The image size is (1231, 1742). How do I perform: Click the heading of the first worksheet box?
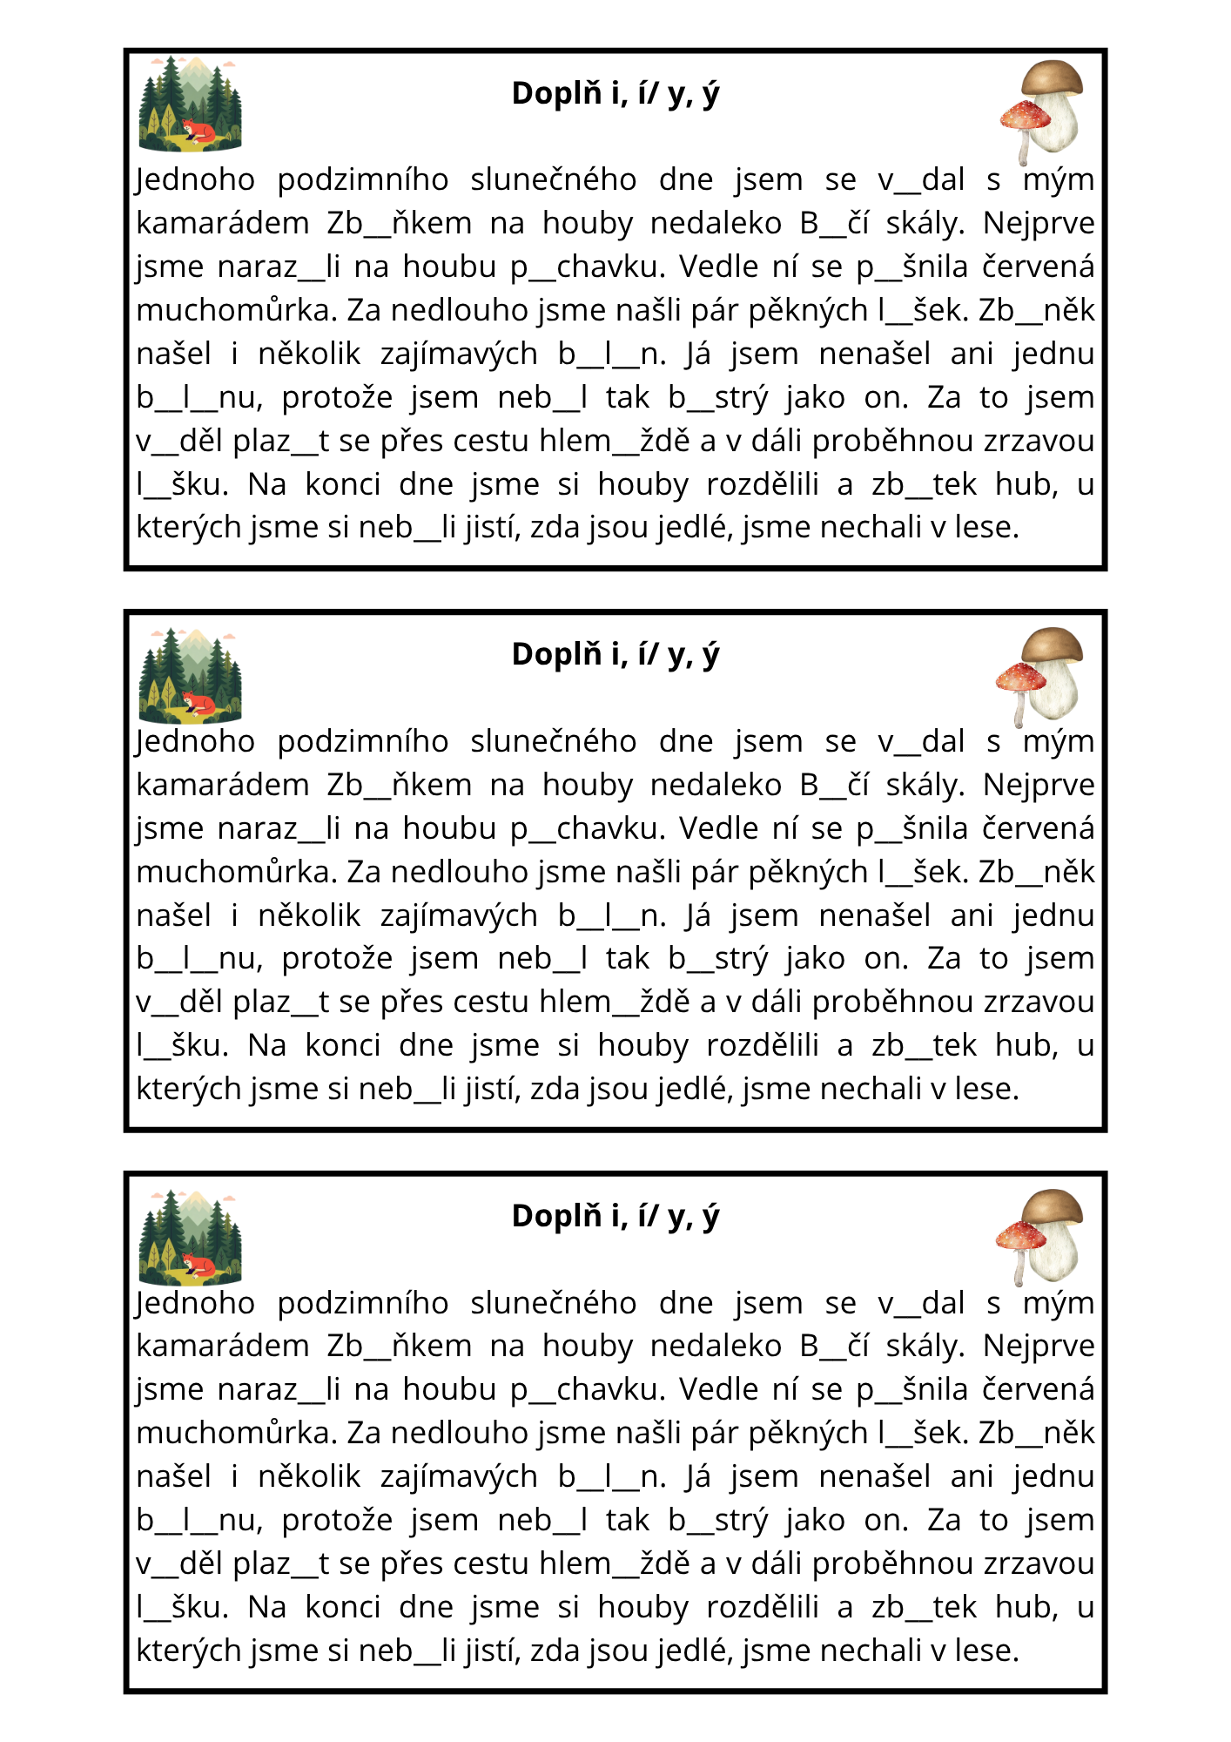click(615, 93)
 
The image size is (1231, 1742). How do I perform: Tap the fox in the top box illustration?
click(199, 132)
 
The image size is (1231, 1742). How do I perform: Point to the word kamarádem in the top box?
click(223, 224)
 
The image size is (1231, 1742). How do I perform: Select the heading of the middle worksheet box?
click(615, 654)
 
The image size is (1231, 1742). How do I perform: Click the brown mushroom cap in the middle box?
click(1053, 645)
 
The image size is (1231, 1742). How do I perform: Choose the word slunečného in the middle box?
click(553, 741)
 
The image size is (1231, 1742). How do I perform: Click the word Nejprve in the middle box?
click(1039, 785)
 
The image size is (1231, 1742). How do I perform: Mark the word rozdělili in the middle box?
click(762, 1045)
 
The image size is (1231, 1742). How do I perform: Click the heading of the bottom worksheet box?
click(615, 1216)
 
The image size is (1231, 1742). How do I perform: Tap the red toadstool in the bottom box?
click(1020, 1237)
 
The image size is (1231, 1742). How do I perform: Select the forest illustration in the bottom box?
click(190, 1237)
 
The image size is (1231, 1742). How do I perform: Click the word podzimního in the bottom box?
click(363, 1303)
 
